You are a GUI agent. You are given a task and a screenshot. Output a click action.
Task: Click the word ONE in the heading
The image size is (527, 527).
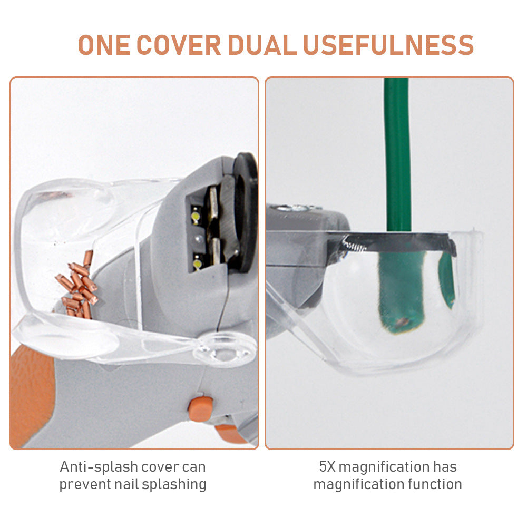coord(104,45)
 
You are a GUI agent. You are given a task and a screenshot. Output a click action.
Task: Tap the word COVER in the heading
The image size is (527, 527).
coord(179,45)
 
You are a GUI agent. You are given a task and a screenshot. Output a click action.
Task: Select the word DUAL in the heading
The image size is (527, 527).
coord(262,45)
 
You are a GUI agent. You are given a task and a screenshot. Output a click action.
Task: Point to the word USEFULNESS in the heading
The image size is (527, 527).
coord(388,45)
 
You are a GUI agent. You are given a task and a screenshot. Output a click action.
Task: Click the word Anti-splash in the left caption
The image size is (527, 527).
coord(99,466)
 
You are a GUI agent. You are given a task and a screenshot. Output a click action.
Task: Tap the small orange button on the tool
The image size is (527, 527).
coord(201,408)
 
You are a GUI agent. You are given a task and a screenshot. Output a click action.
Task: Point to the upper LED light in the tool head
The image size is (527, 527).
coord(196,215)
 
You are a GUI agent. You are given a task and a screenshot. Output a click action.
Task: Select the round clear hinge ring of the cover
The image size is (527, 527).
coord(224,349)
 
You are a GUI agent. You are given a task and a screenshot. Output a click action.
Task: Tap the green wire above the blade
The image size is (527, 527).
coord(397,154)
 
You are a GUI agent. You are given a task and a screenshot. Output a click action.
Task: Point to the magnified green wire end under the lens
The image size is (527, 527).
coord(402,292)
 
